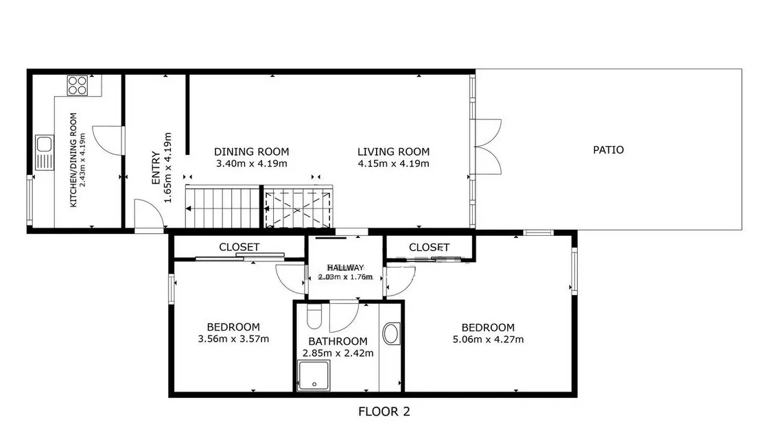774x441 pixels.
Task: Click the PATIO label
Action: click(608, 150)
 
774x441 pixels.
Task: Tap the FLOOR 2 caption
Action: click(384, 412)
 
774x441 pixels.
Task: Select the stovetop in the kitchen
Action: click(78, 85)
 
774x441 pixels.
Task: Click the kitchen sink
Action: click(45, 152)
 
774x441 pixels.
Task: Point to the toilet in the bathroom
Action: click(314, 316)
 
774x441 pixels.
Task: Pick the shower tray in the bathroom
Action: click(314, 376)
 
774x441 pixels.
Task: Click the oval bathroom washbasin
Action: click(391, 333)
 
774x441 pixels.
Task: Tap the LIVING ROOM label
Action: click(393, 152)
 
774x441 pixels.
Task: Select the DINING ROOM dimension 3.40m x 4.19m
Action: click(251, 164)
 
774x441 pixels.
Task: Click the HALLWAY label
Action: click(346, 267)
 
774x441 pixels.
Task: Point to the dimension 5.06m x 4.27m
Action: click(488, 339)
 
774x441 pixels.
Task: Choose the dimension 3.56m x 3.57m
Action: click(233, 339)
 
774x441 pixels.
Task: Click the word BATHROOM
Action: click(338, 342)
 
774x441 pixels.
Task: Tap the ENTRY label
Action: click(156, 168)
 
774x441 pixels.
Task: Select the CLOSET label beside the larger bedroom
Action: click(429, 247)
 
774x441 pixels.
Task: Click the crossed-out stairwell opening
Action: click(297, 209)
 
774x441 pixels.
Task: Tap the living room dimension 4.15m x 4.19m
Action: click(393, 164)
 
